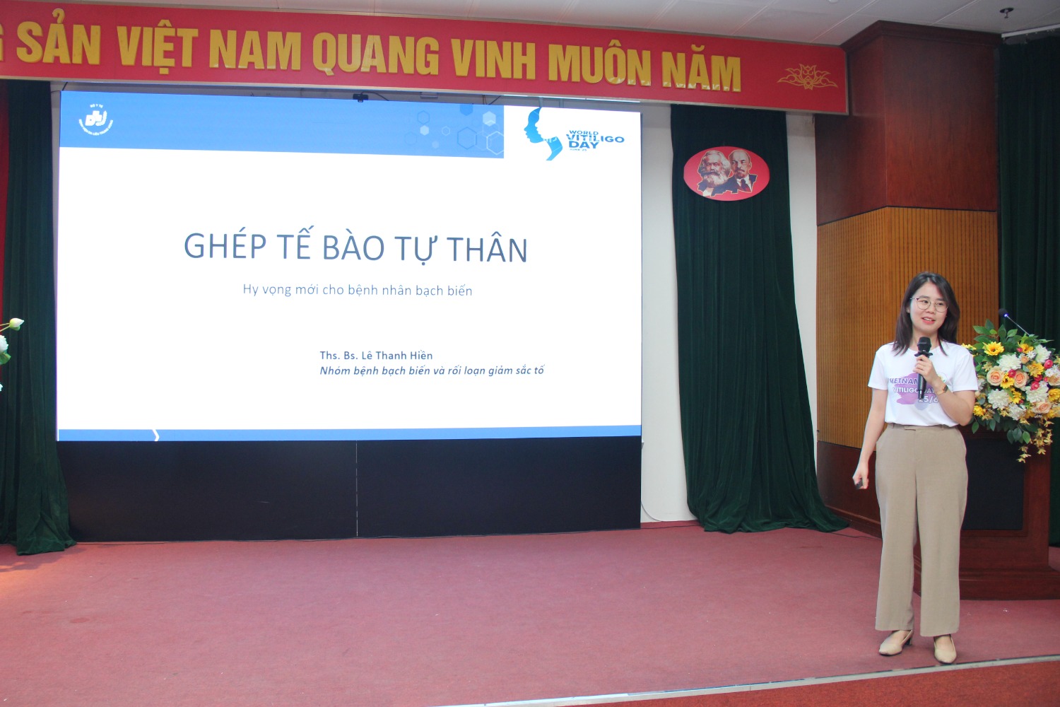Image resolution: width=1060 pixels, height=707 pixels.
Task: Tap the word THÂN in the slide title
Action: point(487,249)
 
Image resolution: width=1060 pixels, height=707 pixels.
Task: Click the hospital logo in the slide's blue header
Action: point(95,120)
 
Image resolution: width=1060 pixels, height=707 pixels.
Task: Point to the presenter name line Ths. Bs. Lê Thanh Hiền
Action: point(376,356)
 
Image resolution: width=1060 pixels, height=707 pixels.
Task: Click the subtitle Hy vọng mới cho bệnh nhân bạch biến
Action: point(358,290)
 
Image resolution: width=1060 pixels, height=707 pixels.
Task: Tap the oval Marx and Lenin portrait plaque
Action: point(726,173)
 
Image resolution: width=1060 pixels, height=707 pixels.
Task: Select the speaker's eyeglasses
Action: point(930,305)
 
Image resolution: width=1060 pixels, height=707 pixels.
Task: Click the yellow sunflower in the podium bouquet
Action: point(994,349)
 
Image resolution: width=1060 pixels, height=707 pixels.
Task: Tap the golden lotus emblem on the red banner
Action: point(807,76)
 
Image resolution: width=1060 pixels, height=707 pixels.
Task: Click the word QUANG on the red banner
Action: point(375,56)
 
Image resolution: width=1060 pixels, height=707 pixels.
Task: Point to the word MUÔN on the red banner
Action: point(599,65)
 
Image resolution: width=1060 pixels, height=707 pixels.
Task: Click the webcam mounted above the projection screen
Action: point(360,97)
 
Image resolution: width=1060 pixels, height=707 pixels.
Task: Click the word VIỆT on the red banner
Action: point(157,48)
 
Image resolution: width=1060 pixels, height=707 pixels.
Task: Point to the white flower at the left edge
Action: point(14,325)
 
